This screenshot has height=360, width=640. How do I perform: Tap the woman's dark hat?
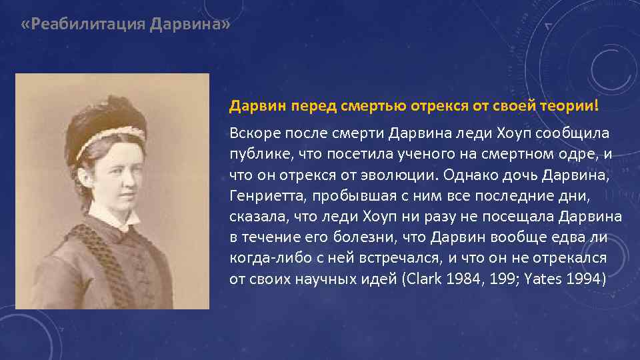tap(103, 120)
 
